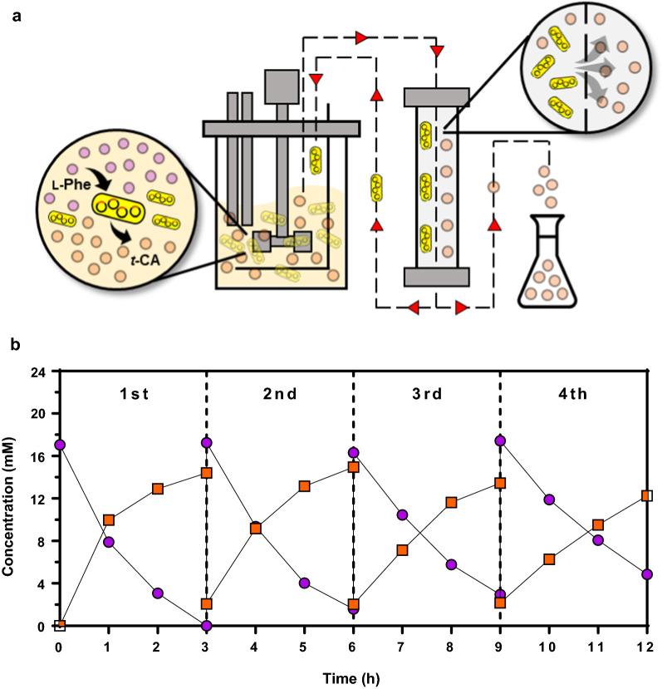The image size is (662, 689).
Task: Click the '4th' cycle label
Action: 572,393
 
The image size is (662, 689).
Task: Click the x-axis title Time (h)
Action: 353,675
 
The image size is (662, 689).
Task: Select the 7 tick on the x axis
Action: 402,647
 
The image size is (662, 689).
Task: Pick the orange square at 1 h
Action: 108,520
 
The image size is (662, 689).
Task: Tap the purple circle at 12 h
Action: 647,574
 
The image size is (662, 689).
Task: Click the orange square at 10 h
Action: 549,559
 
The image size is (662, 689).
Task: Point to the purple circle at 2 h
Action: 157,593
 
